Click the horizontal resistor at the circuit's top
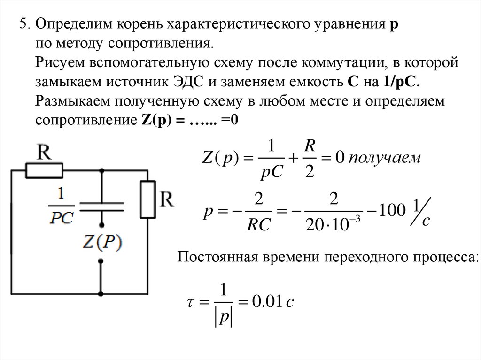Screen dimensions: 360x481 [x=44, y=171]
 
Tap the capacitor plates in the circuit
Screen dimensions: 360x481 [x=101, y=206]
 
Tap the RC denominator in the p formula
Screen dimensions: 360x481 [x=258, y=225]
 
